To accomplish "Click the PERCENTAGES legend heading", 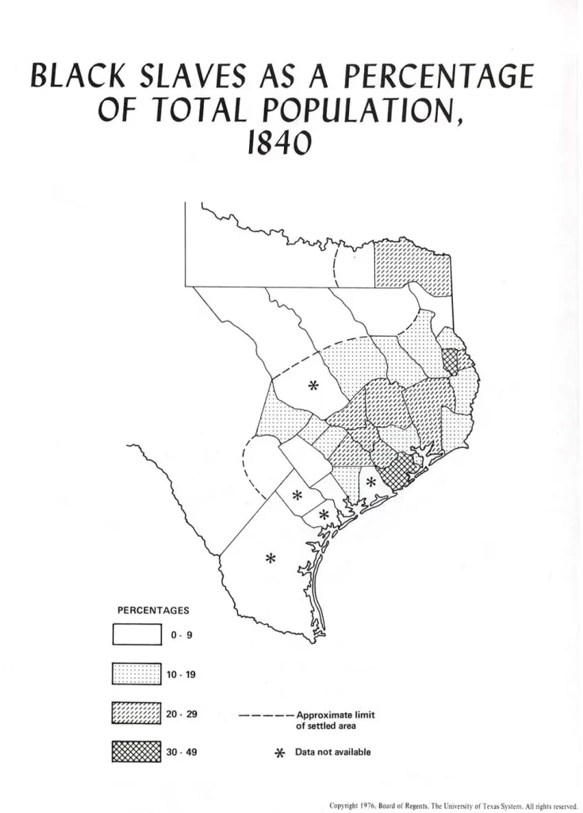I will [x=153, y=611].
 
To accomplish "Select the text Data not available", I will [x=332, y=752].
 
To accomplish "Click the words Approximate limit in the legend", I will [x=334, y=714].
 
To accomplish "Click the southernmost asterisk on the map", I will [x=270, y=558].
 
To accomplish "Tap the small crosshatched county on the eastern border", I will [x=451, y=361].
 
